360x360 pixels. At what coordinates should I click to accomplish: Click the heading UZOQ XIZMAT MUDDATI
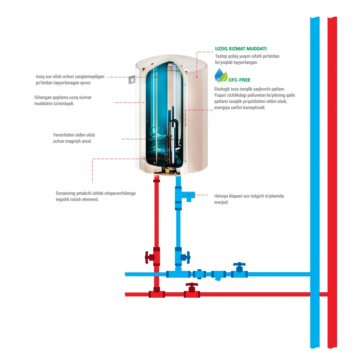pyautogui.click(x=241, y=49)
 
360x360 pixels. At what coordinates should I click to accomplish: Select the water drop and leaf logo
pyautogui.click(x=221, y=76)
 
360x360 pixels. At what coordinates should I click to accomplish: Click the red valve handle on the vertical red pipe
pyautogui.click(x=148, y=257)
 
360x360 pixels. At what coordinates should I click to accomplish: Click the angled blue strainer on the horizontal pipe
pyautogui.click(x=218, y=276)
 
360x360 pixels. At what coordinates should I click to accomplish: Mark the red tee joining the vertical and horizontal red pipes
pyautogui.click(x=157, y=293)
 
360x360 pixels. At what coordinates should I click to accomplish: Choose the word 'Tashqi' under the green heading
pyautogui.click(x=222, y=56)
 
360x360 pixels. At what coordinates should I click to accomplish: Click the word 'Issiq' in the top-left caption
pyautogui.click(x=41, y=77)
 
